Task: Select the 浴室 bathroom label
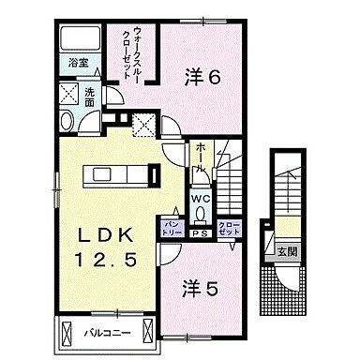click(x=77, y=64)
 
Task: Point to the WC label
click(x=200, y=198)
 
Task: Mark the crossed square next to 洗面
click(x=68, y=94)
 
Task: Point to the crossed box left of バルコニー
click(x=69, y=333)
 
